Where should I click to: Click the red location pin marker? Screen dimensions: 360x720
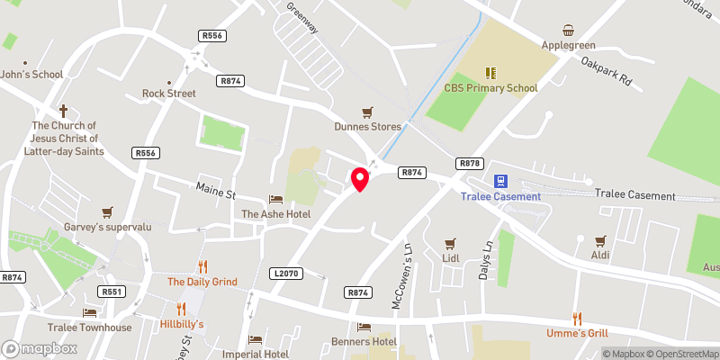(360, 178)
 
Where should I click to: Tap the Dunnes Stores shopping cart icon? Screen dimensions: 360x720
(367, 112)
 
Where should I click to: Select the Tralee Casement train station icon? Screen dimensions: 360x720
(501, 180)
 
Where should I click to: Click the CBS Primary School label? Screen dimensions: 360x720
(490, 88)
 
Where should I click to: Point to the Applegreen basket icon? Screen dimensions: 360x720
(569, 31)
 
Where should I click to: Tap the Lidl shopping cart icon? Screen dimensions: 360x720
(451, 243)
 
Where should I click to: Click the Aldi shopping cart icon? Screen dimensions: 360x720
(599, 240)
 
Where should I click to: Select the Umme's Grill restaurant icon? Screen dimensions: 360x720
(577, 319)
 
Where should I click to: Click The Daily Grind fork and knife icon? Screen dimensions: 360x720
(202, 266)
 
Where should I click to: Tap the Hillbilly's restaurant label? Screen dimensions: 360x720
(183, 324)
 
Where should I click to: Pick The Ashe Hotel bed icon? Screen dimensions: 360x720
(275, 199)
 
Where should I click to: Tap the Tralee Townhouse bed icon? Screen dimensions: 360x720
(89, 312)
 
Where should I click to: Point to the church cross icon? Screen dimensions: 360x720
(64, 111)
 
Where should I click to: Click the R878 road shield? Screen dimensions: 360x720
(470, 163)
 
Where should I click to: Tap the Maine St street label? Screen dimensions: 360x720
(216, 192)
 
